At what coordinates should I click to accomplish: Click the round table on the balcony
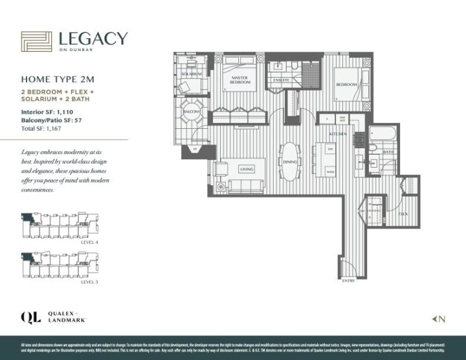click(190, 111)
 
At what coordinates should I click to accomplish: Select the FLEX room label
click(402, 213)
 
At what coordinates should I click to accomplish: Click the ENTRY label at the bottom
click(348, 282)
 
